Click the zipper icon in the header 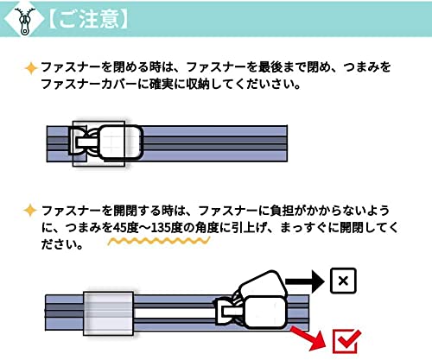point(24,22)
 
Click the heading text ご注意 point(88,20)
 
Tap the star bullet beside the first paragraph point(30,68)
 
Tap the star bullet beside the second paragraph point(30,211)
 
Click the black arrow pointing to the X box point(305,281)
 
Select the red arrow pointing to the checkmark point(308,338)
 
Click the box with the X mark point(343,281)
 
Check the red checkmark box point(346,342)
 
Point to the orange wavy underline point(159,241)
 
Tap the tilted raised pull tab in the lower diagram point(262,284)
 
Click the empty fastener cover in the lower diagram point(109,313)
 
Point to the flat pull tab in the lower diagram point(264,313)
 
